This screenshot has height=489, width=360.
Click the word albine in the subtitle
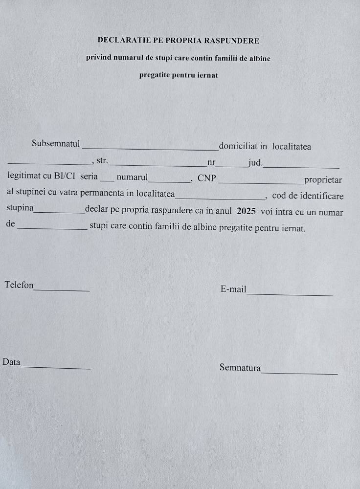[x=258, y=58]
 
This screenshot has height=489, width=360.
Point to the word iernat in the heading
[x=207, y=75]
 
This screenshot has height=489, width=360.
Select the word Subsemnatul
[x=56, y=144]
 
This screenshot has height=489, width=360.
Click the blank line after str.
[x=158, y=165]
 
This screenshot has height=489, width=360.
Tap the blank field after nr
[x=232, y=166]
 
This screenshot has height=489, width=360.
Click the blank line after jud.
[x=301, y=167]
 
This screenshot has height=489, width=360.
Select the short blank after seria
[x=107, y=180]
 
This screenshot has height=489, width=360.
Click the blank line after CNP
[x=261, y=182]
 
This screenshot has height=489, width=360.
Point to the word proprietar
[x=323, y=180]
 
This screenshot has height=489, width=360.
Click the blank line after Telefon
[x=62, y=290]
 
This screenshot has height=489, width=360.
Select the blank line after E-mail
[x=290, y=295]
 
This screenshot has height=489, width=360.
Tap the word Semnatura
[x=240, y=368]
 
